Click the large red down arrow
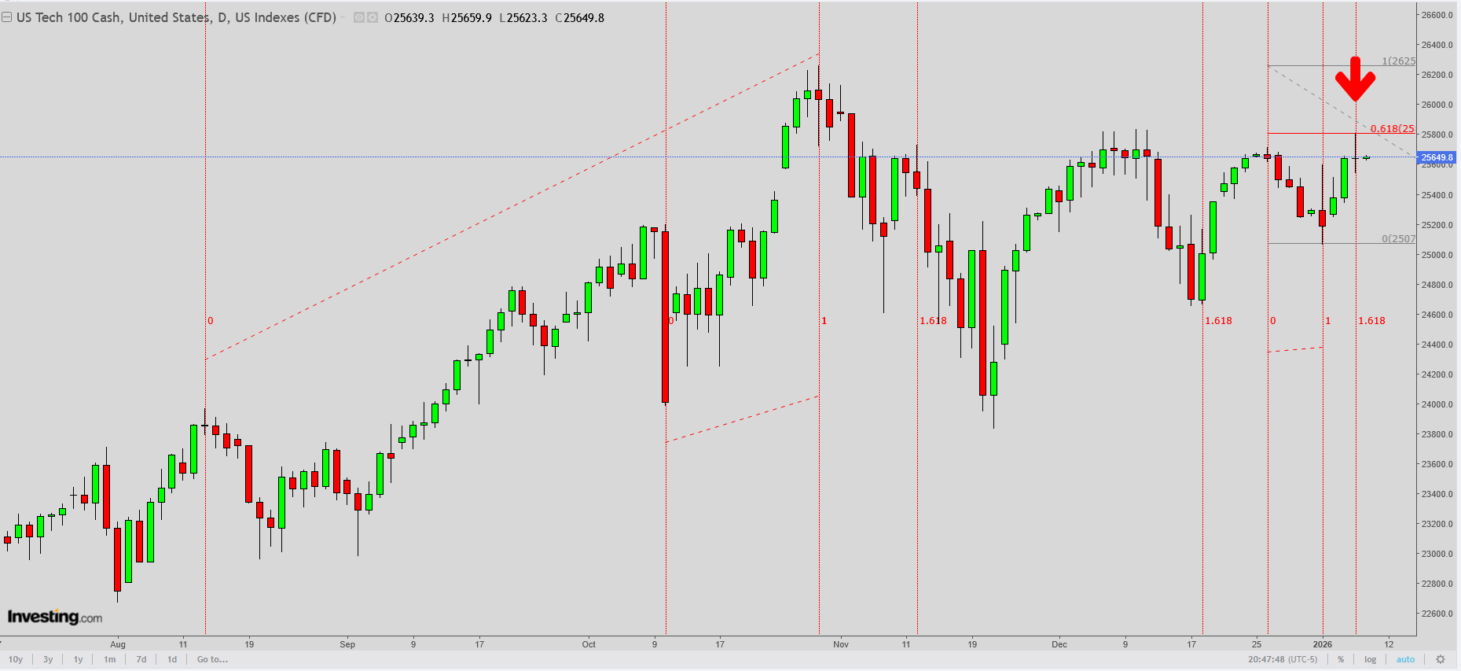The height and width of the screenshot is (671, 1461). tap(1355, 79)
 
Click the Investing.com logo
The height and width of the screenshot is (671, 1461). tap(55, 617)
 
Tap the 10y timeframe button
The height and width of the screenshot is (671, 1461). tap(16, 659)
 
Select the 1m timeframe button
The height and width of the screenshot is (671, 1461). tap(109, 659)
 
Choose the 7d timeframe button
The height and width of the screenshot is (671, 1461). tap(141, 659)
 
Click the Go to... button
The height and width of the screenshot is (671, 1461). tap(212, 659)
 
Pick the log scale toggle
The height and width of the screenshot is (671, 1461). tap(1371, 659)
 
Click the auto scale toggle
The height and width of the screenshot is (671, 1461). tap(1405, 659)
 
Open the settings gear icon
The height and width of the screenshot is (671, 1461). tap(1441, 659)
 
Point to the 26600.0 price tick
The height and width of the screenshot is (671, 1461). tap(1437, 15)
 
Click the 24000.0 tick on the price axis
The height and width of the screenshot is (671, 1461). tap(1437, 404)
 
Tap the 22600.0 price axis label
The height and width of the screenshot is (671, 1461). tap(1437, 614)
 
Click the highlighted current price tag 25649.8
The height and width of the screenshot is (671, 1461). tap(1437, 157)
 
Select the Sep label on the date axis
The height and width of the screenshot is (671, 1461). tap(347, 644)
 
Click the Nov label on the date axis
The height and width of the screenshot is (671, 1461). tap(841, 644)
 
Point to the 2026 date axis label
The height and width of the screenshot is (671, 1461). tap(1323, 644)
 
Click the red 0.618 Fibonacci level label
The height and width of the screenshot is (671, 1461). tap(1392, 129)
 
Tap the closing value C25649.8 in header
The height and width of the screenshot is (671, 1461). tap(580, 17)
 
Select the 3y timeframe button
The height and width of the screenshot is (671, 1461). tap(48, 659)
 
